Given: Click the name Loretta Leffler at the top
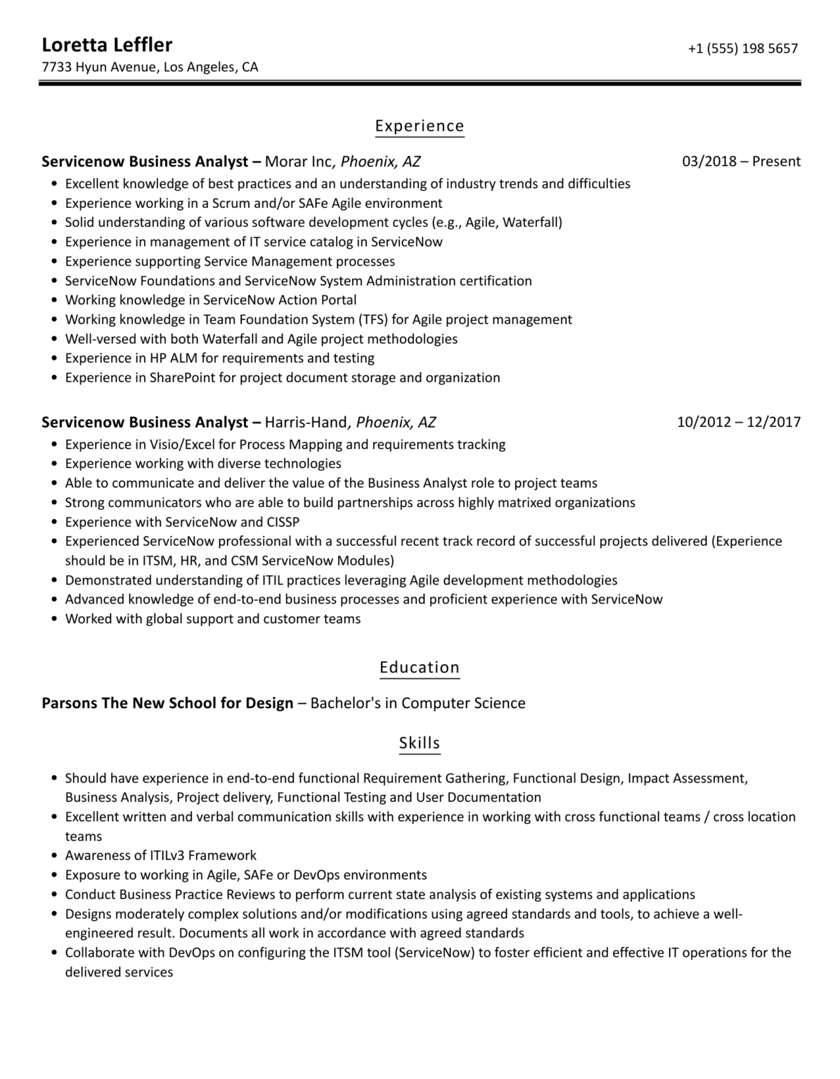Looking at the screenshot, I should (x=107, y=45).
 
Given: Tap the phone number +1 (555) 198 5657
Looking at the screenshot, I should (x=742, y=48).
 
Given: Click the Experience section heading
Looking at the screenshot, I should (x=419, y=126).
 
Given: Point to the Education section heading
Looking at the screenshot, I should (x=419, y=667).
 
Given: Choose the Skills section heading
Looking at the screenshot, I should (x=419, y=743).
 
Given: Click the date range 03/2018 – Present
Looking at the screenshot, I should (x=741, y=162).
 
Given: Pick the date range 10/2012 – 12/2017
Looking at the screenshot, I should (x=738, y=422).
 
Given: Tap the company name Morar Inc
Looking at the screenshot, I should (x=298, y=162).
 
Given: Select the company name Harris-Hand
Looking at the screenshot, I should (x=306, y=422).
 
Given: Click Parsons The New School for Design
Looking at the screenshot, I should (x=167, y=703).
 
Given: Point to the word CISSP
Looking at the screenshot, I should (x=283, y=522).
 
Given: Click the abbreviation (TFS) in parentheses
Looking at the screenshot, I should (x=373, y=320).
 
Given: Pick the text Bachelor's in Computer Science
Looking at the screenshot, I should (x=418, y=703).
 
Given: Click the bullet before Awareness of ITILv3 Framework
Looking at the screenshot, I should (x=55, y=856).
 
